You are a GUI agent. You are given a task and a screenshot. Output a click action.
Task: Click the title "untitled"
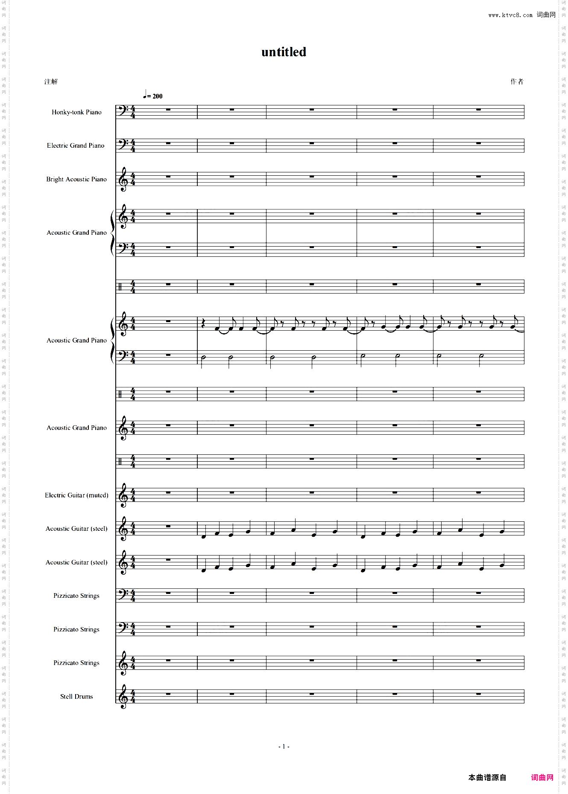pos(284,52)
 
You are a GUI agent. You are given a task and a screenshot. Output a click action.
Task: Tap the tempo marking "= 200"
pos(155,96)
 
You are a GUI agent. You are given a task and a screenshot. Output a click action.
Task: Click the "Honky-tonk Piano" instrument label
pos(76,112)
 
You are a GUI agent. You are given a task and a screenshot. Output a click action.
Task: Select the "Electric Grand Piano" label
pos(76,145)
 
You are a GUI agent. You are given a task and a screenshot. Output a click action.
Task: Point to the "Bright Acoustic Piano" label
pos(76,179)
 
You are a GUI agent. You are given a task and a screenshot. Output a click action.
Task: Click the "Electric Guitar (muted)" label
pos(76,495)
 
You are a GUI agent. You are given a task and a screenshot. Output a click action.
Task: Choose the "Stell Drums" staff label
pos(76,696)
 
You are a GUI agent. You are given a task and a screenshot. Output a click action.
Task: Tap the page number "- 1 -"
pos(284,746)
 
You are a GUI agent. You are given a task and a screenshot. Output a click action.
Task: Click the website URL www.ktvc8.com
pos(510,15)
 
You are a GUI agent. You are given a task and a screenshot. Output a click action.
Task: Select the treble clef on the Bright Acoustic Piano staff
pos(123,179)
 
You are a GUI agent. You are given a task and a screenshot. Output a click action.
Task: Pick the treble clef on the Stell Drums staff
pos(123,696)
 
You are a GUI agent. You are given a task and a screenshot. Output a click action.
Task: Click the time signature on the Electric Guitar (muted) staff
pos(133,495)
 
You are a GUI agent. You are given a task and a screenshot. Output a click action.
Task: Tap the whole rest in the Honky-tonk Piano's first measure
pos(168,110)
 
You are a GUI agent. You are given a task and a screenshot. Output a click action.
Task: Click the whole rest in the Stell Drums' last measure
pos(478,694)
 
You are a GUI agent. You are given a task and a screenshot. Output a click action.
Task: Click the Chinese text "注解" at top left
pos(51,81)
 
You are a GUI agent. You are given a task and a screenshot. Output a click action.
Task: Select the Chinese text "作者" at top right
pos(517,81)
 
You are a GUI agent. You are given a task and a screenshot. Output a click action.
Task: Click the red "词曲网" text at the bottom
pos(542,777)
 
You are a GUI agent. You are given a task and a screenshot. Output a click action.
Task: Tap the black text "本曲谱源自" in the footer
pos(487,777)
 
